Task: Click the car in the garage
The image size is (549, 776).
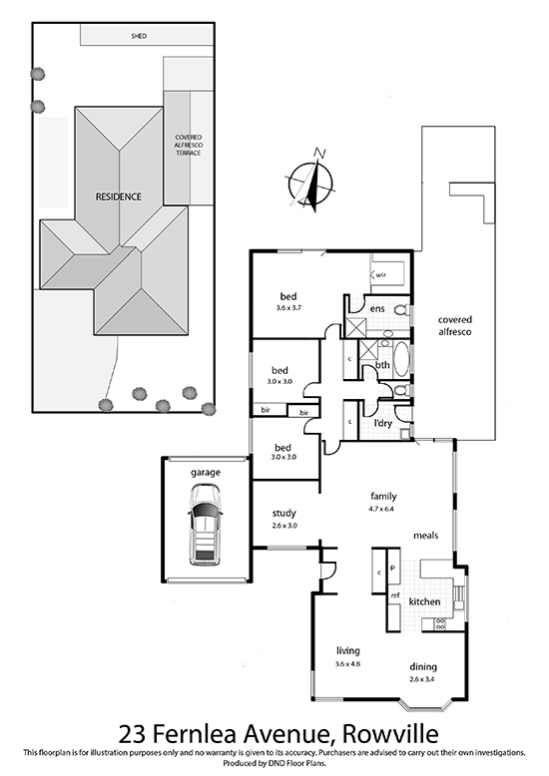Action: pos(205,525)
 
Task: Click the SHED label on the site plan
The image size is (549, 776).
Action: pos(139,36)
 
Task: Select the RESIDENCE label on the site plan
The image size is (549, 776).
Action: pos(119,196)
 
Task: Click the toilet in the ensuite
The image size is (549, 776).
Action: pos(402,310)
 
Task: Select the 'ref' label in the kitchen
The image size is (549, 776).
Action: pos(395,595)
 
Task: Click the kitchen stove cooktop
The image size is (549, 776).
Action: pos(439,624)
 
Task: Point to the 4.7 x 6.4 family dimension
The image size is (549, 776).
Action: pos(382,509)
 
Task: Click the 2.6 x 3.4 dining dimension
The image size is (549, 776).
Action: pos(422,679)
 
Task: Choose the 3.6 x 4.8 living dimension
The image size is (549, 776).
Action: pos(347,663)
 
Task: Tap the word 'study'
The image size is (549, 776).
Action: pos(283,514)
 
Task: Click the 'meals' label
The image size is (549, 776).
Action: pos(425,536)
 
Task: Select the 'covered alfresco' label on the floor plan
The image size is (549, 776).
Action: pos(455,325)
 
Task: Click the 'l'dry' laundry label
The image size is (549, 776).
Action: pos(383,423)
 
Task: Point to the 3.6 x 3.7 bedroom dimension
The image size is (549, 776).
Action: pos(288,307)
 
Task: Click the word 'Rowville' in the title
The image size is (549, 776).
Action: pos(390,734)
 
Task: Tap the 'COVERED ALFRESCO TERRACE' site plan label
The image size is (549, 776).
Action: pos(189,145)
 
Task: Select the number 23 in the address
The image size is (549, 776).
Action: pos(132,734)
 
